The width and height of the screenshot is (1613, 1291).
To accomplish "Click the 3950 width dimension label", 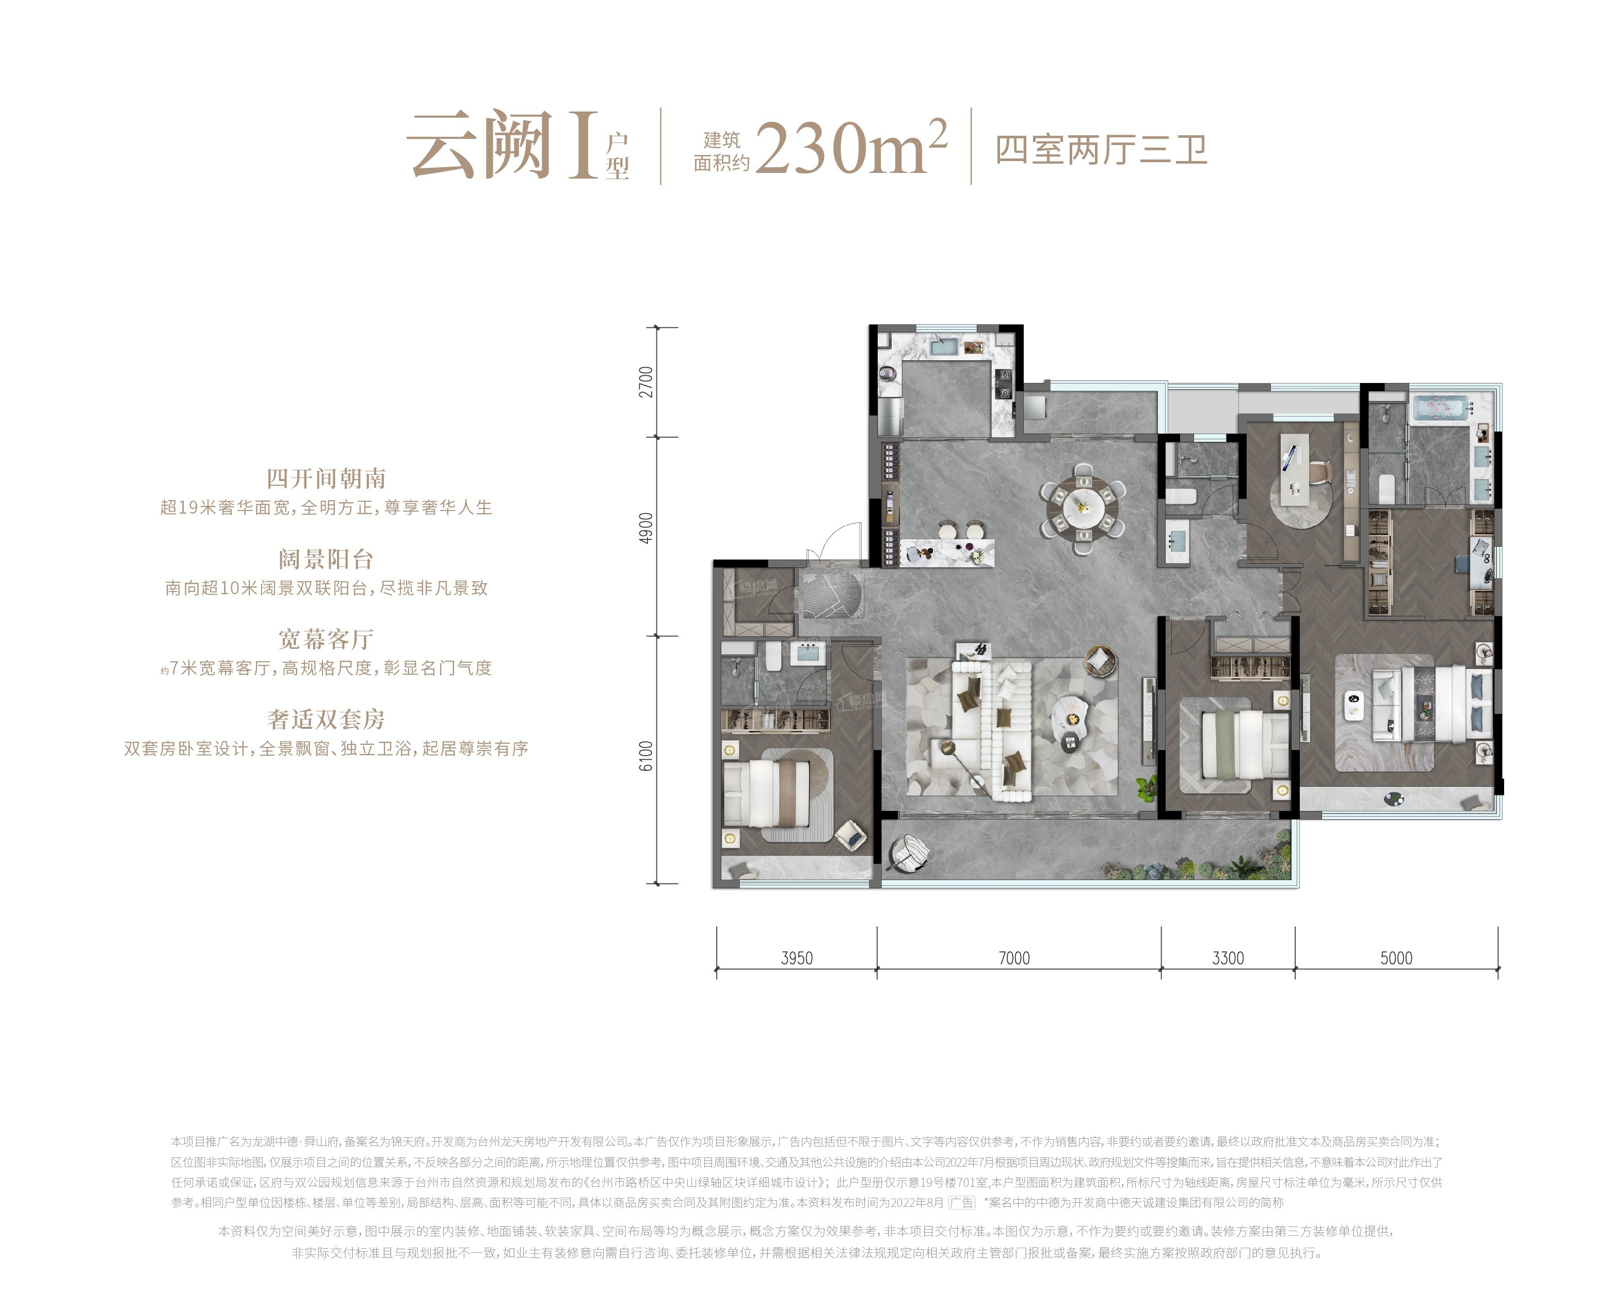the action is pyautogui.click(x=797, y=958).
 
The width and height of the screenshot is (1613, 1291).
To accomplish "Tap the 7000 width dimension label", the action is pyautogui.click(x=1014, y=958).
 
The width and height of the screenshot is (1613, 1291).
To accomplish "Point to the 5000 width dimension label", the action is pyautogui.click(x=1396, y=958).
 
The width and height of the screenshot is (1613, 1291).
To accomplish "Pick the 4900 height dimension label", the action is pyautogui.click(x=646, y=529).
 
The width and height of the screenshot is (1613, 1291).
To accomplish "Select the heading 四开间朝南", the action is pyautogui.click(x=326, y=478).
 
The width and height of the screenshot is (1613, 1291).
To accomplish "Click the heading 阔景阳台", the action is pyautogui.click(x=326, y=559).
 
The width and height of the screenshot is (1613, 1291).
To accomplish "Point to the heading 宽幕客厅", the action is pyautogui.click(x=326, y=639).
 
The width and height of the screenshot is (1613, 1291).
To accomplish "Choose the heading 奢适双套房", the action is pyautogui.click(x=326, y=719).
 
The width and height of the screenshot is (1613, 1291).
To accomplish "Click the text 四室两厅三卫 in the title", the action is pyautogui.click(x=1101, y=150).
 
